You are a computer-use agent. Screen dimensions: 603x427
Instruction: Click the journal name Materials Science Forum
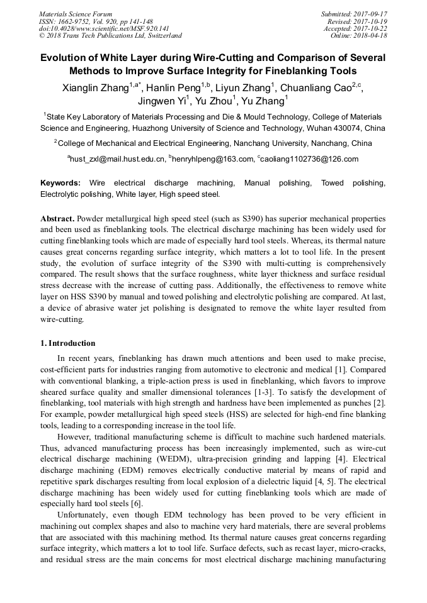tap(76, 14)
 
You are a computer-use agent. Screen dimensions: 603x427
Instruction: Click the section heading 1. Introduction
tap(67, 343)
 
